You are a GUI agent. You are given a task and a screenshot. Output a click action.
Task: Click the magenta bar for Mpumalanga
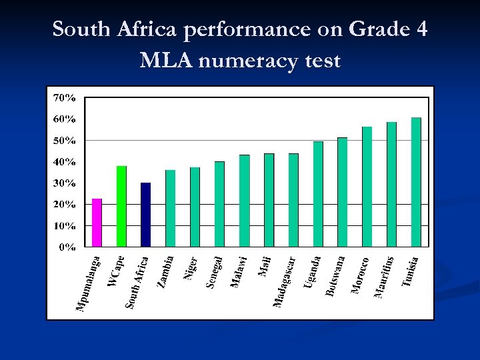click(x=97, y=223)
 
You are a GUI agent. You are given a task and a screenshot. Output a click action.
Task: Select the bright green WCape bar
click(x=121, y=206)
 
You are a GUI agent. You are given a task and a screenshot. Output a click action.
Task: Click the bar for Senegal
click(x=220, y=204)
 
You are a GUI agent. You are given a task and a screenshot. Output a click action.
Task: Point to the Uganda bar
click(x=318, y=194)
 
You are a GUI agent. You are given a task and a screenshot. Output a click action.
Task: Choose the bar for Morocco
click(x=367, y=187)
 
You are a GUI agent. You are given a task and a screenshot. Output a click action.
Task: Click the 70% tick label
click(x=64, y=98)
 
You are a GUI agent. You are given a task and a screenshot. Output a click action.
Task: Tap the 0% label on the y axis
click(x=67, y=247)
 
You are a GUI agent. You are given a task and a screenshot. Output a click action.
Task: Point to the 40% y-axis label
click(x=64, y=162)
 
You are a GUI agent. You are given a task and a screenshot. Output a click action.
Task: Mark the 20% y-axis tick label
click(x=64, y=205)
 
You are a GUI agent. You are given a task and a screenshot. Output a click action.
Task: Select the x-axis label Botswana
click(x=335, y=275)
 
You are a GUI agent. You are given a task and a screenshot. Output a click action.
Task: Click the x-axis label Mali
click(x=264, y=265)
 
